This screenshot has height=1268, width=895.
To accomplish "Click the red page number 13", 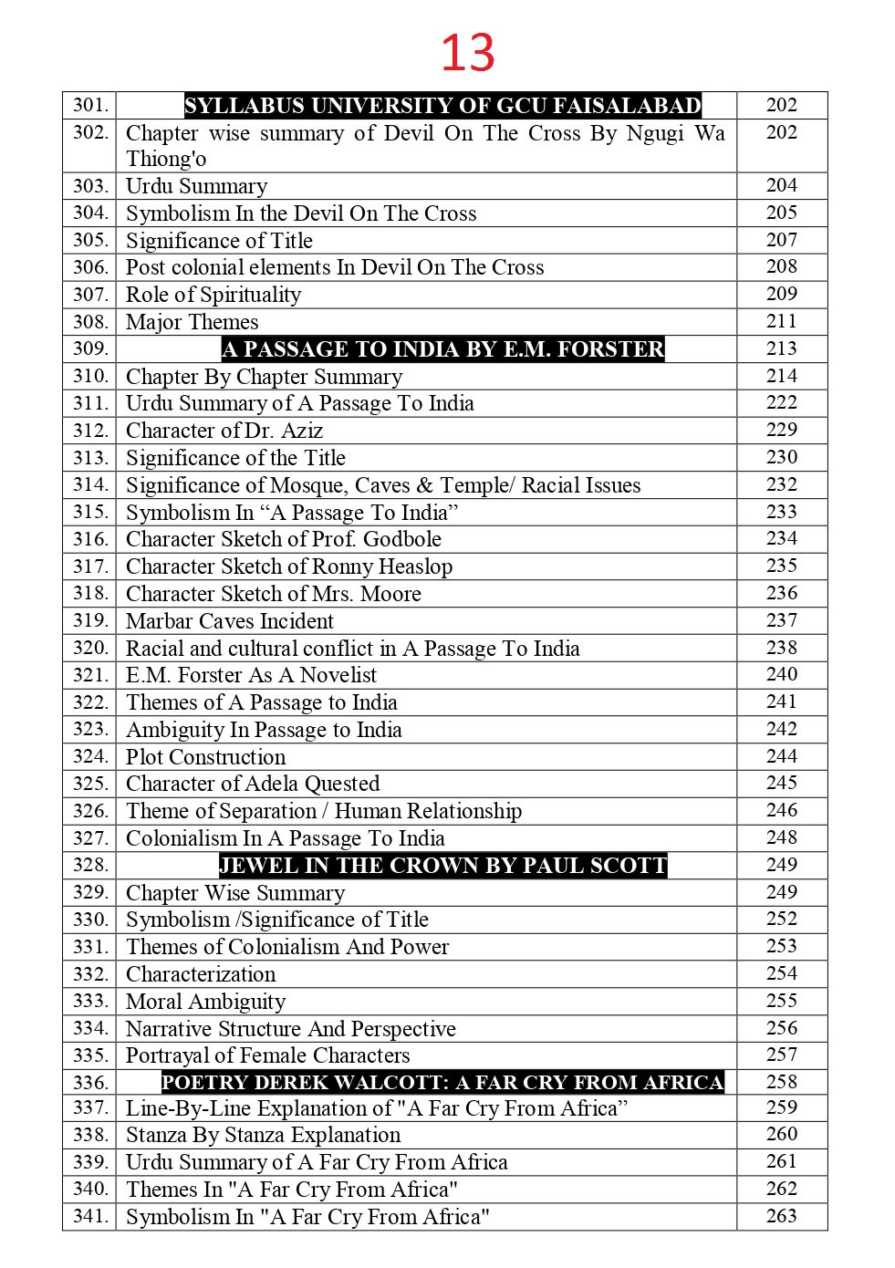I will pos(467,52).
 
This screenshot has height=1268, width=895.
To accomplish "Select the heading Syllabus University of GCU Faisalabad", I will pos(442,106).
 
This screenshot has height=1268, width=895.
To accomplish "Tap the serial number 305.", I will pos(90,240).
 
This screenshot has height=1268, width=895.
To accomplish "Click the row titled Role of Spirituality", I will pos(213,295).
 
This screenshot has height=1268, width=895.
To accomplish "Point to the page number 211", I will pos(782,321).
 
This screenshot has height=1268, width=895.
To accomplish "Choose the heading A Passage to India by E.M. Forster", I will pos(442,349).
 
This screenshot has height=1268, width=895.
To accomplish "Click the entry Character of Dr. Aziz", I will pos(224,431).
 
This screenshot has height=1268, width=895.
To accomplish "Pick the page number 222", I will pos(782,402).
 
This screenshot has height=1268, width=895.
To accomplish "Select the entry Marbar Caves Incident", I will pos(230,621).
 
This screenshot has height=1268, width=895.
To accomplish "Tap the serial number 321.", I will pos(90,675).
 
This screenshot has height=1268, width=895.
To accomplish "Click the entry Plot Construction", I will pos(205,757).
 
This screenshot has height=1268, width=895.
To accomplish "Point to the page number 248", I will pos(782,837).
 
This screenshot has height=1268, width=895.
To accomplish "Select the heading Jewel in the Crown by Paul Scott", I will pos(442,866).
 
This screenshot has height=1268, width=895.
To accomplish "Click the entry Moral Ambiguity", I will pos(205,1002).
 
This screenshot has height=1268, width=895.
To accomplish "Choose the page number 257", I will pos(782,1055).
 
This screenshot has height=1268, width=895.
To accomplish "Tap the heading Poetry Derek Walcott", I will pos(442,1083).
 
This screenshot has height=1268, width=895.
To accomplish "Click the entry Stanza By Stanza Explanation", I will pos(263,1135).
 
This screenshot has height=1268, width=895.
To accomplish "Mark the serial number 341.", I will pos(90,1216).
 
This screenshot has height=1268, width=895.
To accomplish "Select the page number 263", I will pos(782,1216).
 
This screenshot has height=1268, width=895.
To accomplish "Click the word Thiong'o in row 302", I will pos(166,159).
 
